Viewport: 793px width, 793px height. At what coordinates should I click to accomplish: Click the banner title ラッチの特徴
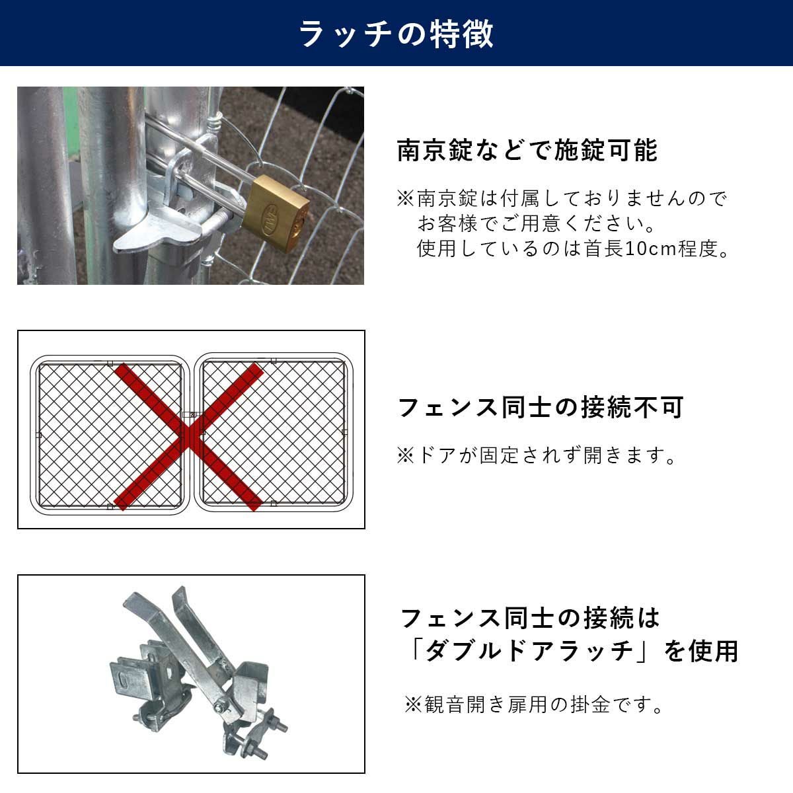396,34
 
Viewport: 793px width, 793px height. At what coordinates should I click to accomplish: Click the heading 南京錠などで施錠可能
527,150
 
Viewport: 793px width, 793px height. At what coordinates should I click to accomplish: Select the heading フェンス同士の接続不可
541,408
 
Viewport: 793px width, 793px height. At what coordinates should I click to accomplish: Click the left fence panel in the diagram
110,435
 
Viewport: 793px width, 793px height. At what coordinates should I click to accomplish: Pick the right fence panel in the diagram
274,432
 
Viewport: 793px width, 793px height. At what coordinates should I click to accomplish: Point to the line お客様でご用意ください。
536,223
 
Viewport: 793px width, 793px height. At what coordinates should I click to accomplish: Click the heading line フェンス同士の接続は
530,619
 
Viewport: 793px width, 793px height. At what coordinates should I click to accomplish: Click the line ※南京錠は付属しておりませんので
562,198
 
